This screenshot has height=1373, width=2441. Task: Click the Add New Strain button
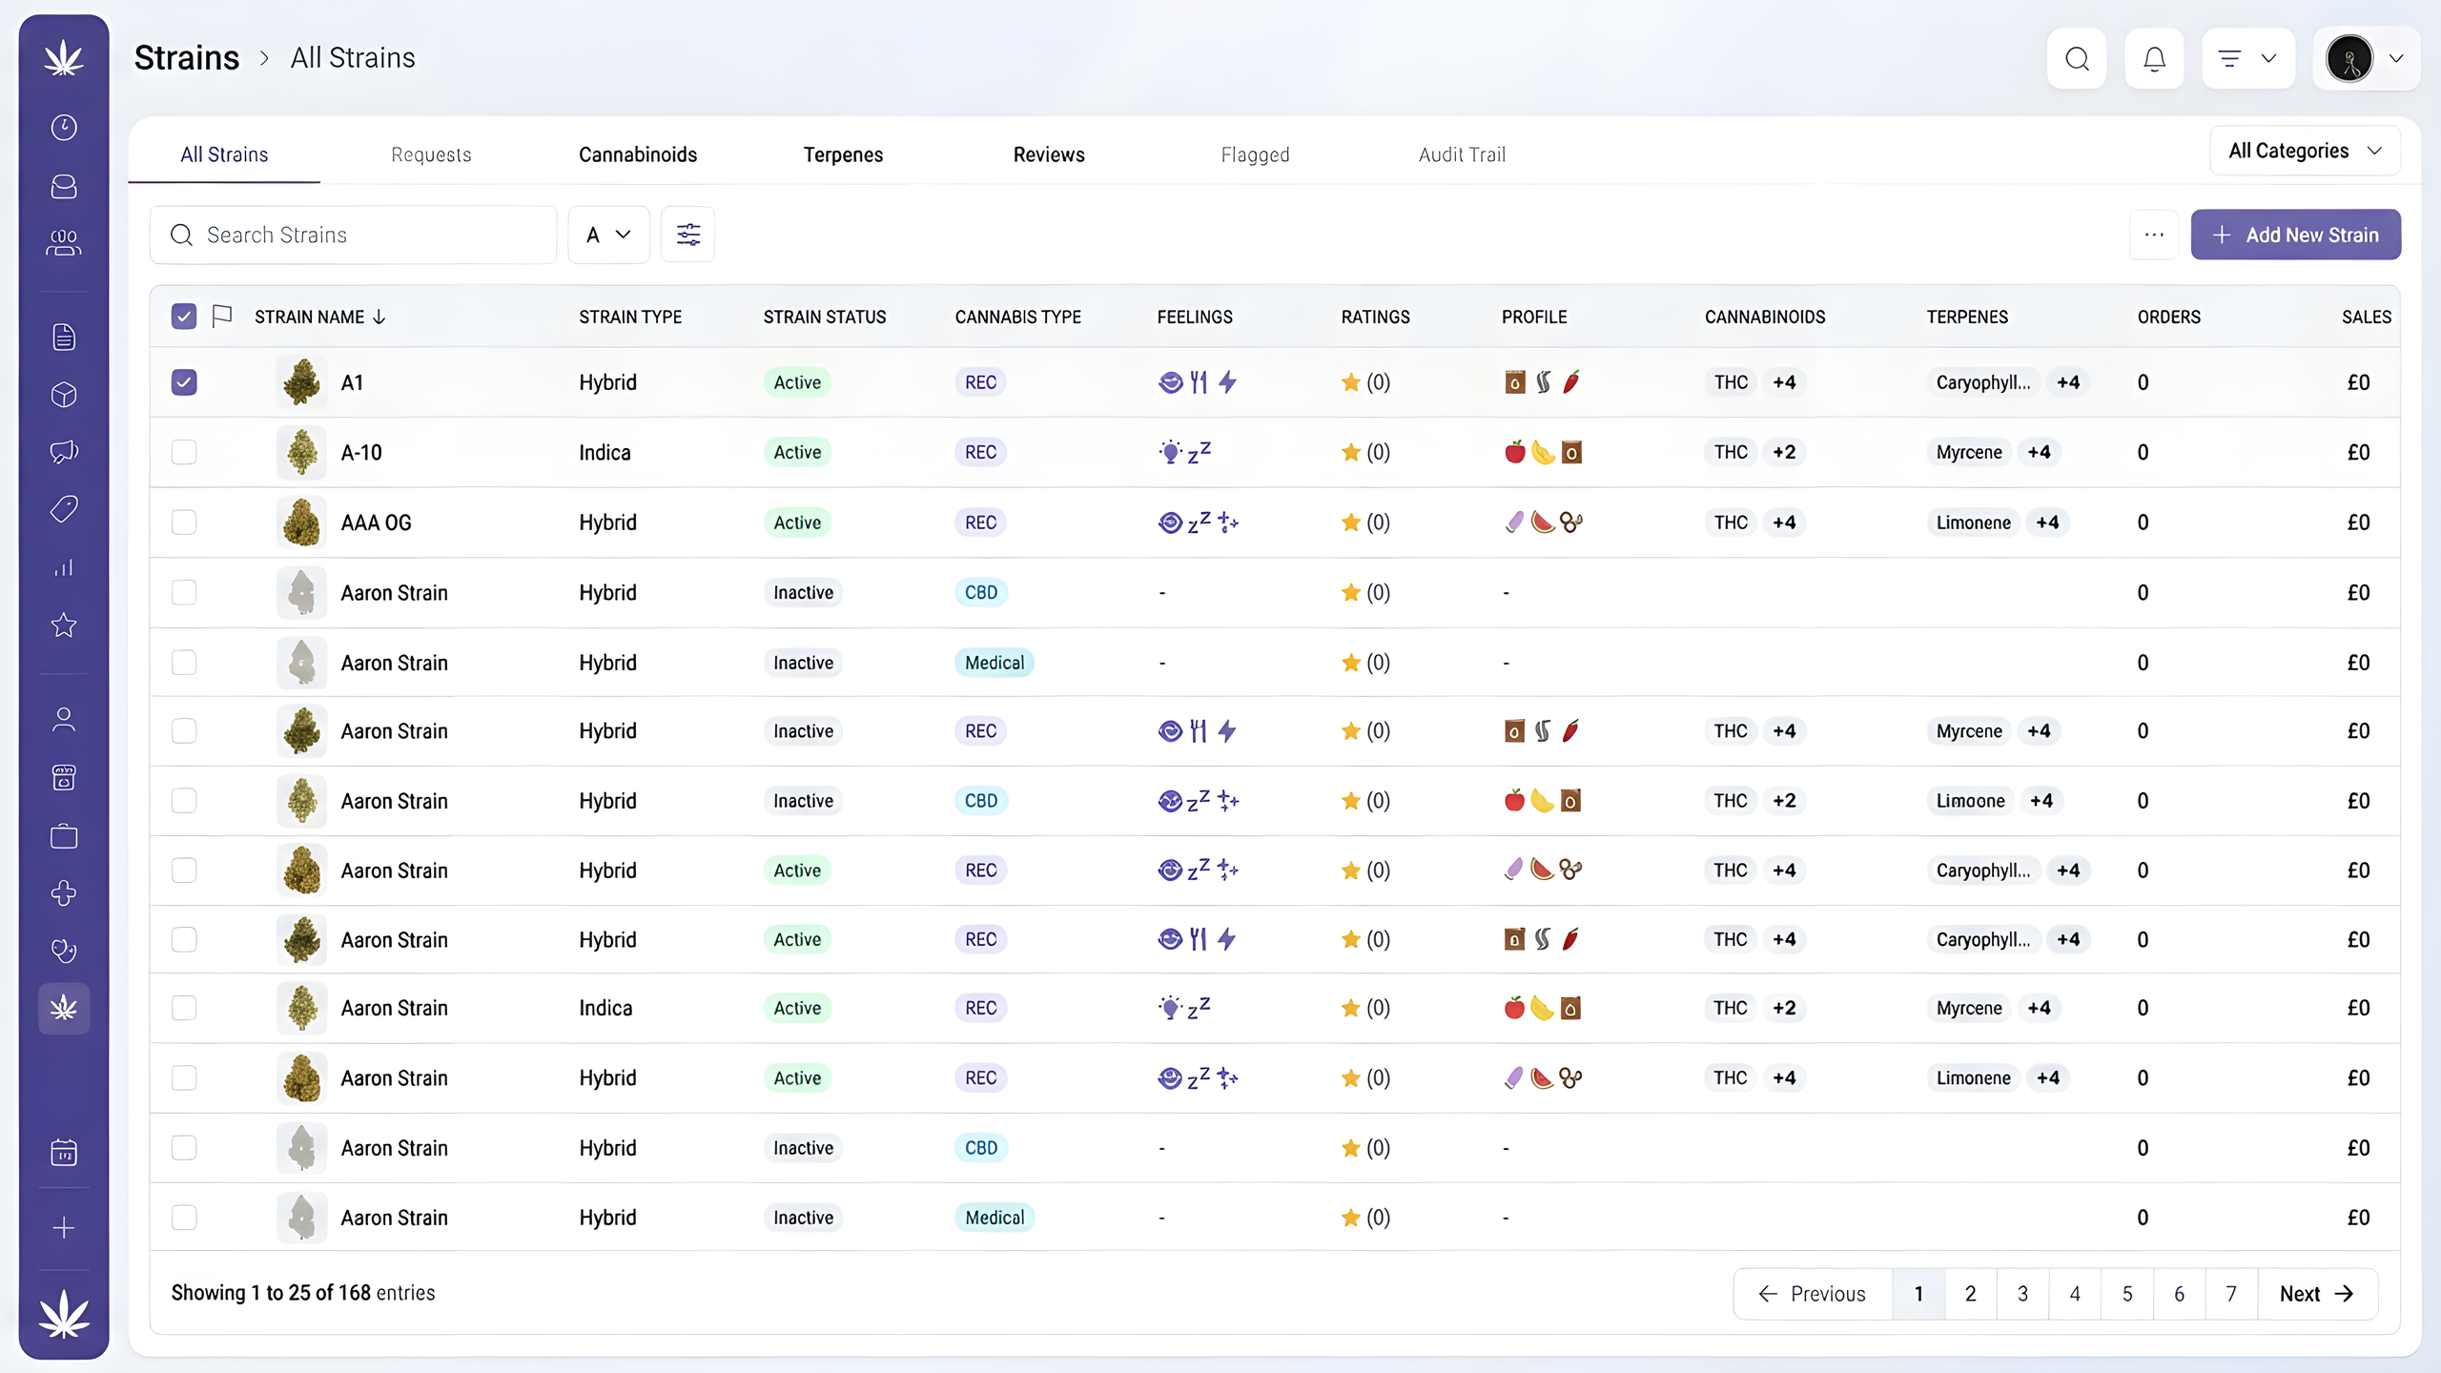[2295, 235]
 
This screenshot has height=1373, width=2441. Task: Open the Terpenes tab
[843, 154]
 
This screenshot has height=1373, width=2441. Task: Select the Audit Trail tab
[1462, 154]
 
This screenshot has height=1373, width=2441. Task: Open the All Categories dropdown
[2305, 151]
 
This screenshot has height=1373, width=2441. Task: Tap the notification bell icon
[2154, 59]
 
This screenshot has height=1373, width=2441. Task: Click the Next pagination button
[2317, 1294]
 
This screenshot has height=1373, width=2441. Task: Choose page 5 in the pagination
[2127, 1294]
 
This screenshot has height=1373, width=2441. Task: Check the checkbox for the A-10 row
[184, 452]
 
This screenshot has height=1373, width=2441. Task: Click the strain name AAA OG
[377, 523]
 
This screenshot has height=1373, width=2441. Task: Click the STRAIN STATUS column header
[825, 317]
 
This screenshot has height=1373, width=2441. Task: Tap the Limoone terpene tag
[1970, 801]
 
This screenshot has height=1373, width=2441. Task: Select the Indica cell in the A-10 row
[605, 452]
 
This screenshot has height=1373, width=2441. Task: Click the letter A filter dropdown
[608, 235]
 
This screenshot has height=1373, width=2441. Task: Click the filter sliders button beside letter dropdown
[687, 235]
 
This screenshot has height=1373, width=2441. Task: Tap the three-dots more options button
[2154, 235]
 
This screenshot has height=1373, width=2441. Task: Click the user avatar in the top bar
[2349, 59]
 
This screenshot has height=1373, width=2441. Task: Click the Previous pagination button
[1813, 1294]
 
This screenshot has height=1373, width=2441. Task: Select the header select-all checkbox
[184, 317]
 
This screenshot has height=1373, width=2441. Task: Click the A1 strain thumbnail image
[302, 382]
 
